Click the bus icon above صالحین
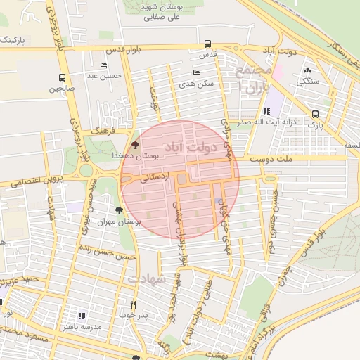pyautogui.click(x=62, y=78)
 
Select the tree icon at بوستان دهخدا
pyautogui.click(x=135, y=143)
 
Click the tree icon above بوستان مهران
pyautogui.click(x=119, y=210)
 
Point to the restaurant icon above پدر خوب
pyautogui.click(x=134, y=304)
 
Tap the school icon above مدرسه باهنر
pyautogui.click(x=82, y=316)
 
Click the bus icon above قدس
pyautogui.click(x=207, y=44)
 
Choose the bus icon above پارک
pyautogui.click(x=315, y=114)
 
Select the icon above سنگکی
pyautogui.click(x=307, y=70)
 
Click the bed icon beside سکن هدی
pyautogui.click(x=196, y=72)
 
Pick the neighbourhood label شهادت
pyautogui.click(x=148, y=279)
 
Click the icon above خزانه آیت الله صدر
pyautogui.click(x=266, y=110)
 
